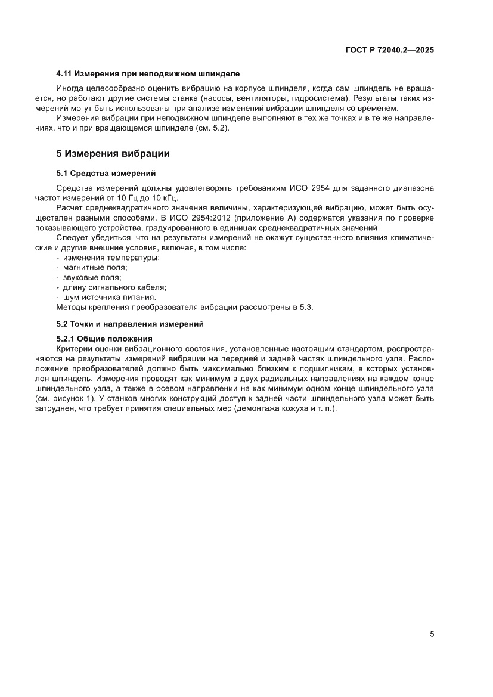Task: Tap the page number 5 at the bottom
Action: pos(432,634)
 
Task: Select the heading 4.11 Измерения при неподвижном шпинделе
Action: pos(147,74)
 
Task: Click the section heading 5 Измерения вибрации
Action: pos(113,154)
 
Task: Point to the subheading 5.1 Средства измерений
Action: pos(106,174)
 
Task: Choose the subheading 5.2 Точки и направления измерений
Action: pos(130,324)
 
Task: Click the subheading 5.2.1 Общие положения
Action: pos(104,339)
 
